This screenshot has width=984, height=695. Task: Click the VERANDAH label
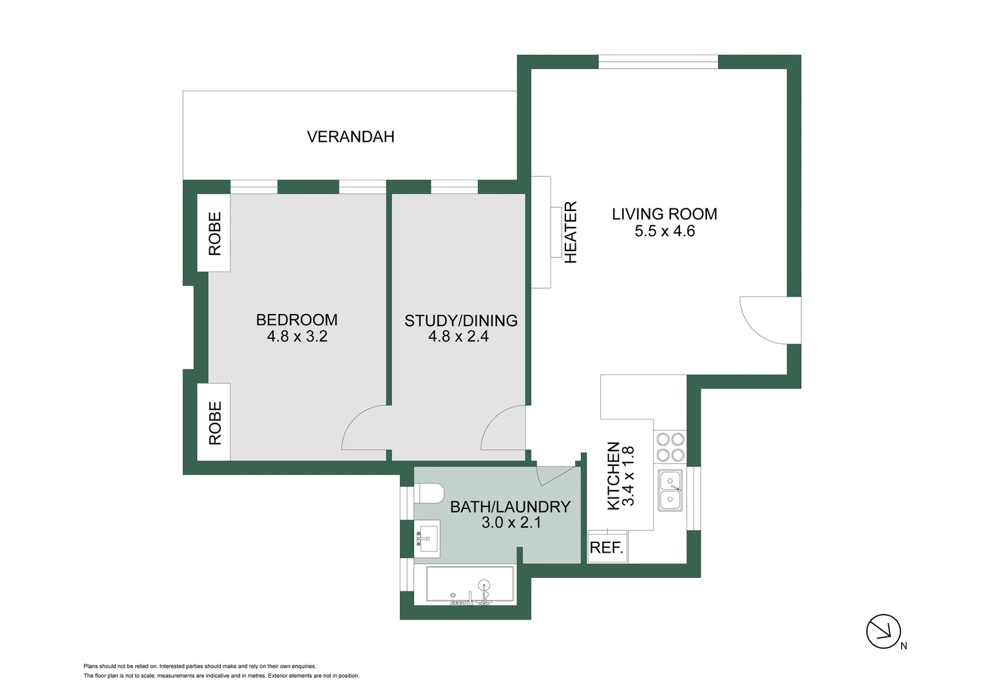coord(350,136)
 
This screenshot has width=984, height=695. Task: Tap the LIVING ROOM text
coord(664,214)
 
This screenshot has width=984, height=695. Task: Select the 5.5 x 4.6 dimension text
coord(665,232)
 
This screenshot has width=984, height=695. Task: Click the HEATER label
coord(571,232)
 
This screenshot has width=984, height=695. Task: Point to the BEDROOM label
coord(296,320)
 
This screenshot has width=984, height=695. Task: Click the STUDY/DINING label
coord(460,320)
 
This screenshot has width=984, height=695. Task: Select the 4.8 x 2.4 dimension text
coord(459,337)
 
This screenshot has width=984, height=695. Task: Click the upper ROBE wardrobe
coord(214,233)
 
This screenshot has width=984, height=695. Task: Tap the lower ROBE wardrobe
coord(214,422)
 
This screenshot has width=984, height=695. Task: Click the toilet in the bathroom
coord(430,494)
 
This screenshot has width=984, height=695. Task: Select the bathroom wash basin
coord(427,538)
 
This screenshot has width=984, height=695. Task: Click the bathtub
coord(470,585)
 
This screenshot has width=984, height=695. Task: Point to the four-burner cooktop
coord(670,447)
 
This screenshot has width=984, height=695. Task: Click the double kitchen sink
coord(670,490)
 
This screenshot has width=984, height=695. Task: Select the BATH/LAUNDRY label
coord(510,507)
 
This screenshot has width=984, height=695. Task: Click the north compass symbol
coord(883,631)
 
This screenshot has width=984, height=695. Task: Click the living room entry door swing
coord(768,320)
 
